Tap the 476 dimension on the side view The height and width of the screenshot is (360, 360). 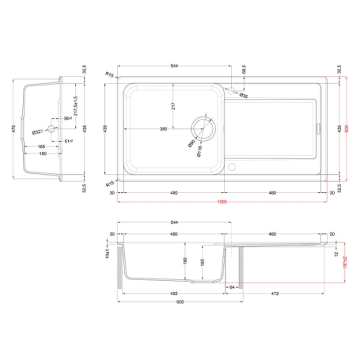click(x=9, y=128)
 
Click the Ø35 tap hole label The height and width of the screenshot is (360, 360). click(x=244, y=96)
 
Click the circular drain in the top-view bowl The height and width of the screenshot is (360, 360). click(x=203, y=127)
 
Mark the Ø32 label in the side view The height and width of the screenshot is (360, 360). click(x=36, y=131)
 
